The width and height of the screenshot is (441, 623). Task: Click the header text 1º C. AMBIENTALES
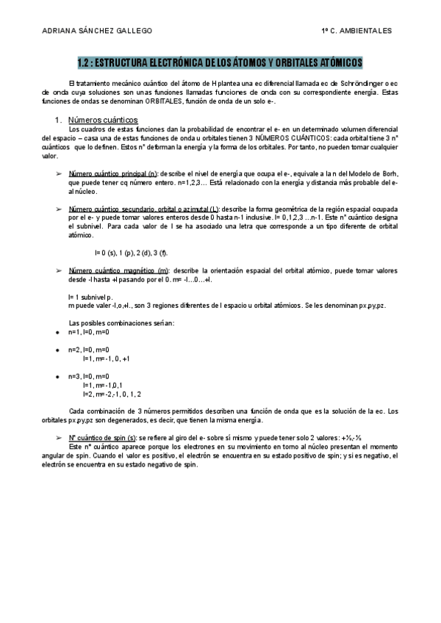pyautogui.click(x=356, y=31)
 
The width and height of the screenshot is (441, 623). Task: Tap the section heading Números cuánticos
pyautogui.click(x=102, y=119)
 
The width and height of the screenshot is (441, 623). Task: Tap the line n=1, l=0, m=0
pyautogui.click(x=88, y=332)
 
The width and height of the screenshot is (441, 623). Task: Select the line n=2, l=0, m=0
pyautogui.click(x=88, y=350)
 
